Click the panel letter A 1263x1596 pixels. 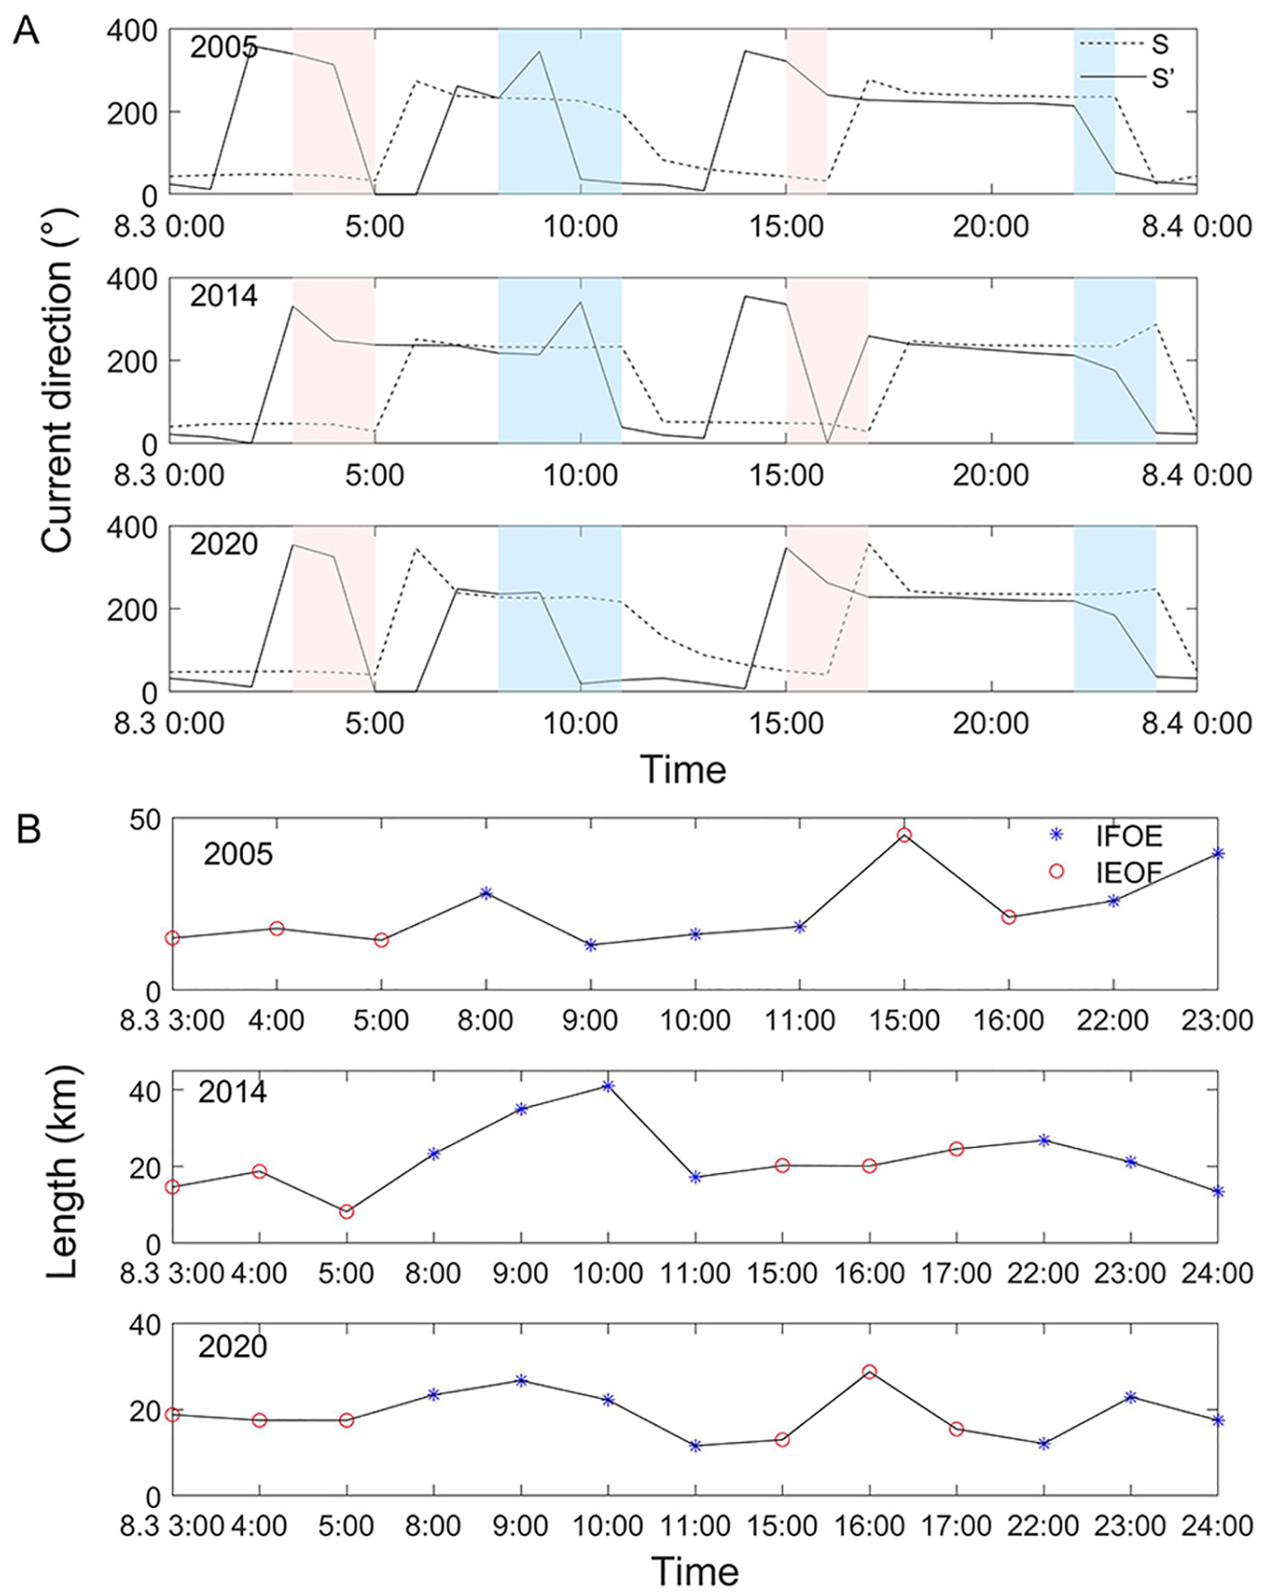tap(27, 32)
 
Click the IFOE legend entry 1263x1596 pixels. tap(1128, 836)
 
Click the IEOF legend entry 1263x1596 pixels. tap(1128, 871)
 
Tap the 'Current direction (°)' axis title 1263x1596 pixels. tap(57, 381)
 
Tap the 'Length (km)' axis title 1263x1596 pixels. tap(63, 1170)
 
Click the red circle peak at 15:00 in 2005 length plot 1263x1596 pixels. tap(905, 835)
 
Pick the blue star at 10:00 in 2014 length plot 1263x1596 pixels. tap(609, 1086)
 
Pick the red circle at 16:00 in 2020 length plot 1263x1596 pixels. tap(870, 1372)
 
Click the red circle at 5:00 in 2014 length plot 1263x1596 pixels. tap(347, 1212)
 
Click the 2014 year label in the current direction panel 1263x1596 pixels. tap(223, 295)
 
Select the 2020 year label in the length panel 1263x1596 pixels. tap(232, 1347)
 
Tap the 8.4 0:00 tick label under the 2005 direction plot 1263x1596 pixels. tap(1196, 226)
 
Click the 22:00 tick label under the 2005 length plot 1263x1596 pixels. tap(1114, 1020)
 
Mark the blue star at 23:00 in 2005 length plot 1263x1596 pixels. tap(1218, 853)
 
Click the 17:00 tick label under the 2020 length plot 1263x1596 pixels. tap(956, 1526)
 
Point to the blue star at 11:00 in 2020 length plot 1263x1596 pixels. tap(695, 1446)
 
